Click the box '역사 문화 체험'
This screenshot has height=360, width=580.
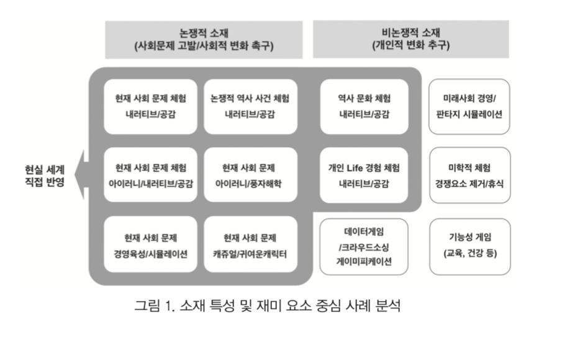[365, 106]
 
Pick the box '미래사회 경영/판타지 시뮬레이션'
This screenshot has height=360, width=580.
[469, 106]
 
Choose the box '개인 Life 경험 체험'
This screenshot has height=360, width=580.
[365, 175]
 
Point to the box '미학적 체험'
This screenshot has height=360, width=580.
[469, 175]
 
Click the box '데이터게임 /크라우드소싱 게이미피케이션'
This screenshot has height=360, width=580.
[365, 246]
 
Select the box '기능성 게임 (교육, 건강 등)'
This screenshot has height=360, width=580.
[469, 246]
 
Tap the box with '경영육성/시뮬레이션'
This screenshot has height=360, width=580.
[150, 246]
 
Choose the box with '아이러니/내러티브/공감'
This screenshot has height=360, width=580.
[150, 175]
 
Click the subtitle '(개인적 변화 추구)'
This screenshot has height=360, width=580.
[410, 47]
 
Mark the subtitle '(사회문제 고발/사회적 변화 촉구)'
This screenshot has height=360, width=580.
[204, 47]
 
